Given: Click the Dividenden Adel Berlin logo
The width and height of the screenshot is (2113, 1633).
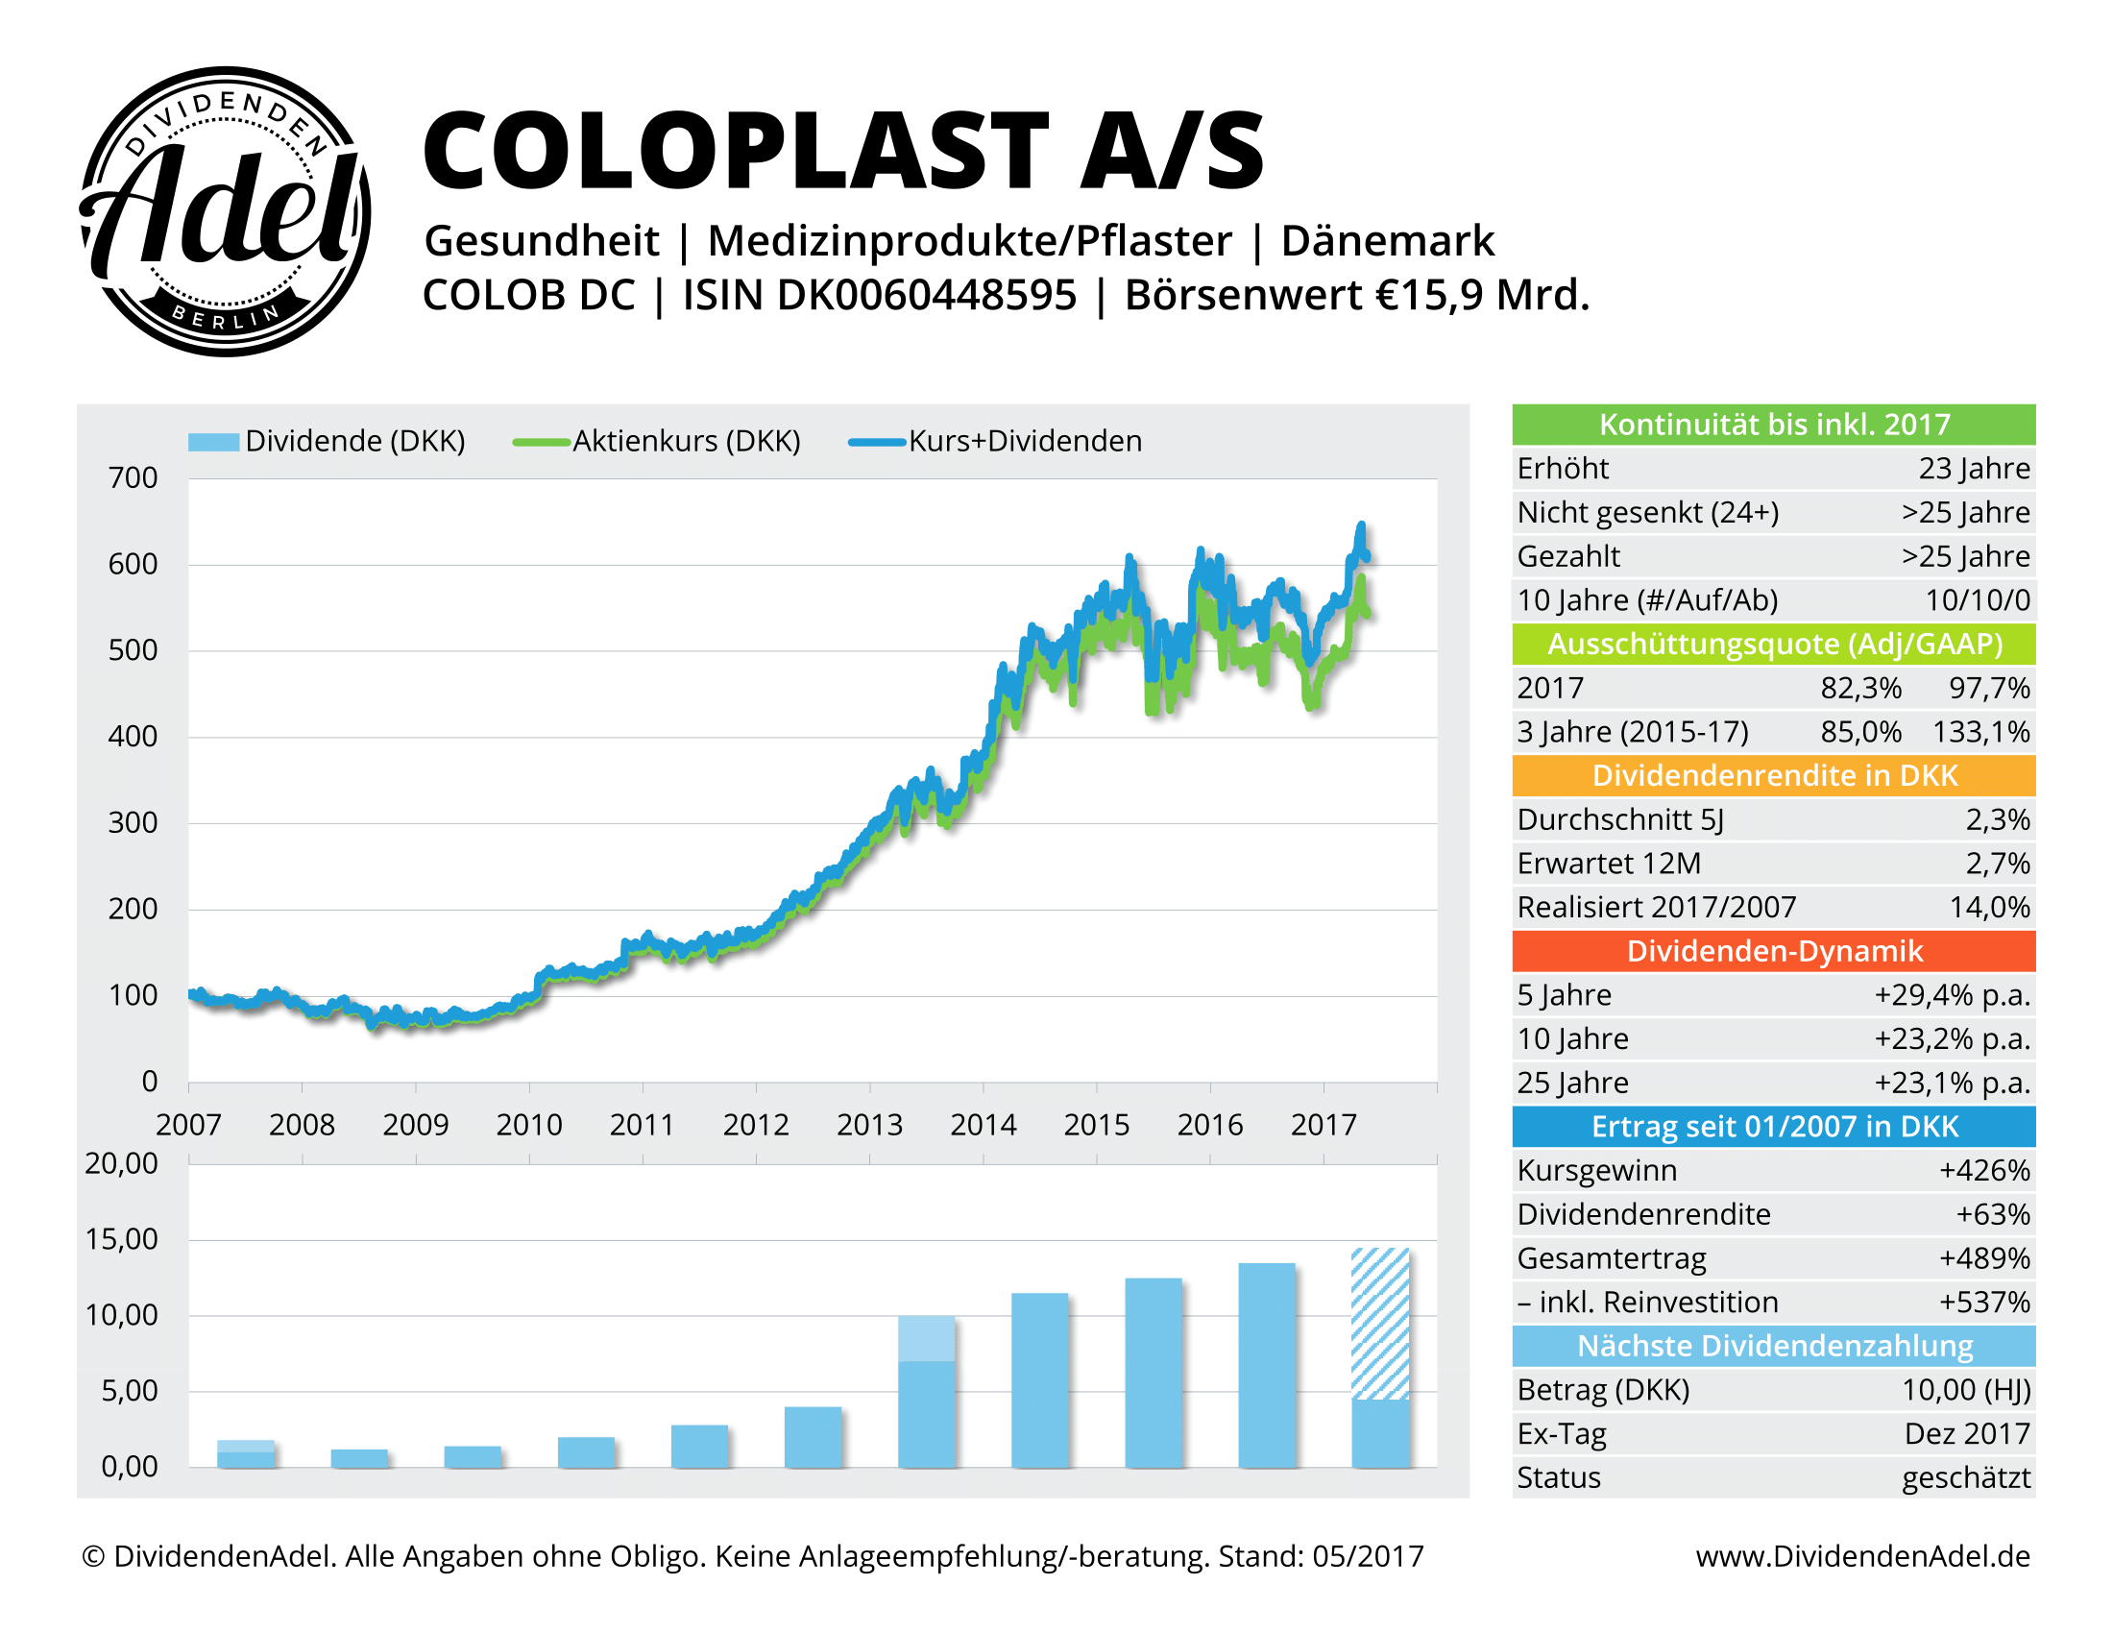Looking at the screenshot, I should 225,211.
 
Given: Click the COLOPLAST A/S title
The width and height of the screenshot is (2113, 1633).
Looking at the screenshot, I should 842,151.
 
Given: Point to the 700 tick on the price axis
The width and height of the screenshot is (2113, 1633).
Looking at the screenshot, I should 133,478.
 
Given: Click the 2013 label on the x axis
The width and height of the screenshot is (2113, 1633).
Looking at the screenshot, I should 869,1125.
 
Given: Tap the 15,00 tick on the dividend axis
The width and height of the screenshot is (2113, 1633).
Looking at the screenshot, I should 122,1239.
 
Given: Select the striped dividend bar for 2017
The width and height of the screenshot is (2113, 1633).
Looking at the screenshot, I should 1379,1323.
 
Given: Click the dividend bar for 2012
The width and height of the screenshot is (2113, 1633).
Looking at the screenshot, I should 813,1437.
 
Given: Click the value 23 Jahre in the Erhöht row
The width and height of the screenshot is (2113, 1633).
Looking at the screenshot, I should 1974,468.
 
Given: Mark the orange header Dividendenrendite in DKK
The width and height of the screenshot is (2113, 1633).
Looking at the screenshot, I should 1773,776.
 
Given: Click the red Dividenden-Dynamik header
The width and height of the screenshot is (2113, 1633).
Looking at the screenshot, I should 1773,951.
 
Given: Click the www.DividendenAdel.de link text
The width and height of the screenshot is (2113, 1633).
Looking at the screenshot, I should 1862,1555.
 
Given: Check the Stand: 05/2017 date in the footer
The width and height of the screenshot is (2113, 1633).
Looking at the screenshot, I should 1321,1555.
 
